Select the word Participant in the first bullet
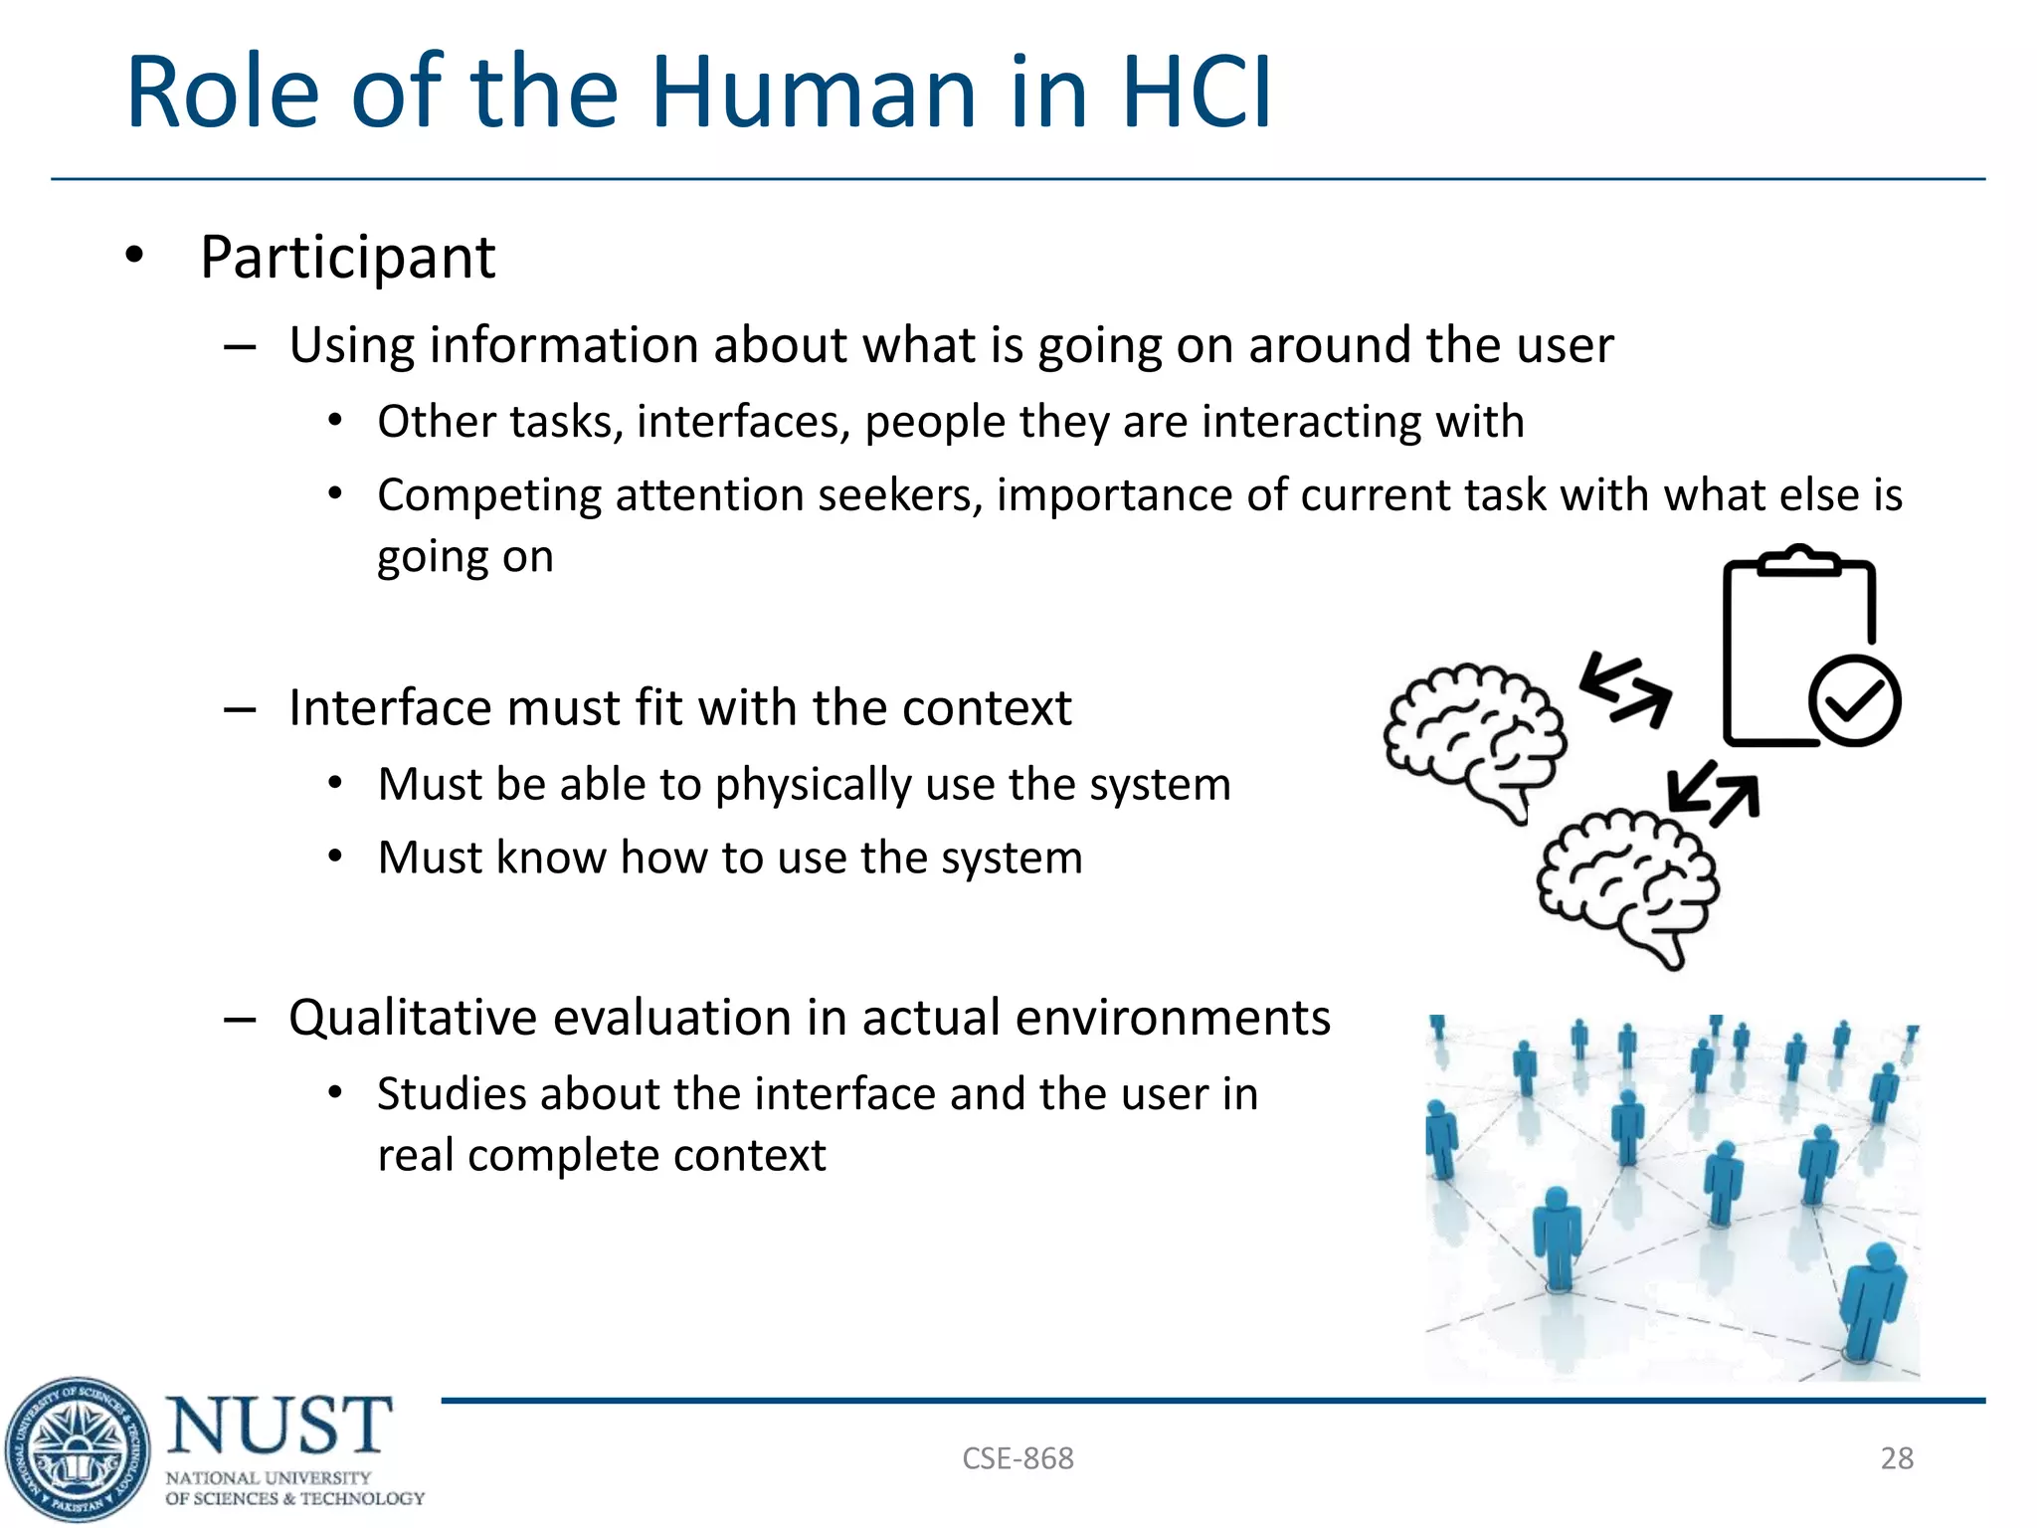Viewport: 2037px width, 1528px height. (347, 258)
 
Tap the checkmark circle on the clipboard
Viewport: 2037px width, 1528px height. (1854, 700)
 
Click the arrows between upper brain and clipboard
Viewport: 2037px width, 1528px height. (1625, 688)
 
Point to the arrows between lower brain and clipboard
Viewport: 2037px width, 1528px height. (1713, 794)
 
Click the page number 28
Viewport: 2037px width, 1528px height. (1896, 1458)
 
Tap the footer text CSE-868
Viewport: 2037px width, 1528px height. (1018, 1458)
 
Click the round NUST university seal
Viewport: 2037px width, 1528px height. (78, 1449)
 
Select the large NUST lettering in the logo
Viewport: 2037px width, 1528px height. (279, 1426)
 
